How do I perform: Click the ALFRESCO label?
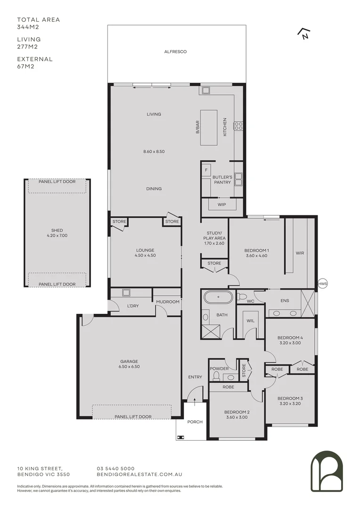(x=175, y=51)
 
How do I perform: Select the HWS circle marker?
(x=322, y=284)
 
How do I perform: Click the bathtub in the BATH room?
(x=217, y=297)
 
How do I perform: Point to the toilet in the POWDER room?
(x=216, y=376)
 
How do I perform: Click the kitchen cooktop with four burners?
(x=238, y=125)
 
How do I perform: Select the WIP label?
(x=221, y=205)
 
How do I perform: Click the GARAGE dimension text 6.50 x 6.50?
(x=129, y=366)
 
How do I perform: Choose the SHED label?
(x=57, y=230)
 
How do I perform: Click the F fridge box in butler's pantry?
(x=206, y=169)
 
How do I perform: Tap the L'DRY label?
(x=132, y=306)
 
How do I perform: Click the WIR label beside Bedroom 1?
(x=300, y=253)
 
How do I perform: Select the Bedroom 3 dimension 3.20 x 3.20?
(x=291, y=403)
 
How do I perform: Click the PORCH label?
(x=195, y=422)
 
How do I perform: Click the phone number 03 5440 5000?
(x=116, y=468)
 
